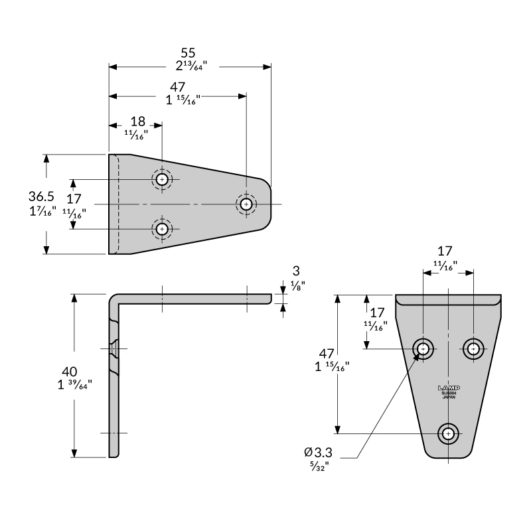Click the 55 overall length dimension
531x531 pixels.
[189, 52]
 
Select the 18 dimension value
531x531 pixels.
[137, 121]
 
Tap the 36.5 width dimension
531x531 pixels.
[40, 196]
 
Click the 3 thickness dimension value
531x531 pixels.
[296, 271]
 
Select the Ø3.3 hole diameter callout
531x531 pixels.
[318, 452]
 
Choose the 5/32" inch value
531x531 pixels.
[319, 466]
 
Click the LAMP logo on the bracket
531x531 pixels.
[449, 388]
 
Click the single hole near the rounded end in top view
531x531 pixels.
[246, 204]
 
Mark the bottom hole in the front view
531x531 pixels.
[449, 433]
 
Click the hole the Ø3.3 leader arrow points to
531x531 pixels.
[423, 348]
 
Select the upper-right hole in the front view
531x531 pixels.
[473, 348]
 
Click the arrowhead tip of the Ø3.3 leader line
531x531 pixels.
[419, 354]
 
